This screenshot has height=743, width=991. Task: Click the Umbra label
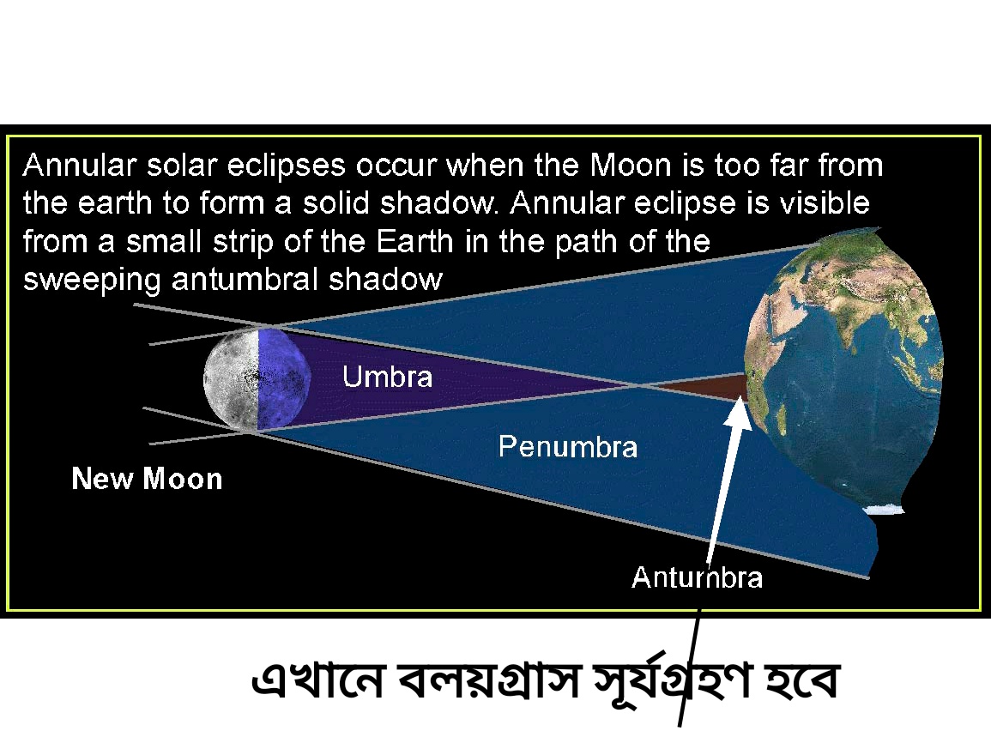coord(388,378)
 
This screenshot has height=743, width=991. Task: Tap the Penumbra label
coord(567,447)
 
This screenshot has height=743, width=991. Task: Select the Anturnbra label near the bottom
coord(697,577)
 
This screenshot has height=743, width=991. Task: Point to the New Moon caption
coord(147,478)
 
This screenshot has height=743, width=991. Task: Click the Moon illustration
coord(257,380)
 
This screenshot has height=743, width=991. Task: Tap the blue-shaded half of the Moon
coord(284,380)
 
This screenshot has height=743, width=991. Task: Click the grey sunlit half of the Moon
coord(231,380)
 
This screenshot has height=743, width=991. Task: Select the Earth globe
coord(843,366)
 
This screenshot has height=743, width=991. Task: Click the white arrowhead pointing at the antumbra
coord(738,413)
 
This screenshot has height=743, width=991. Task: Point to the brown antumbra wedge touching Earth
coord(702,387)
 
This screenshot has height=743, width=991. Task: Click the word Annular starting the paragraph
coord(80,166)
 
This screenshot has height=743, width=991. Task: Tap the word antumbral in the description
coord(245,279)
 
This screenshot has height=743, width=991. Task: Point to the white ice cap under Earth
coord(884,509)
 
